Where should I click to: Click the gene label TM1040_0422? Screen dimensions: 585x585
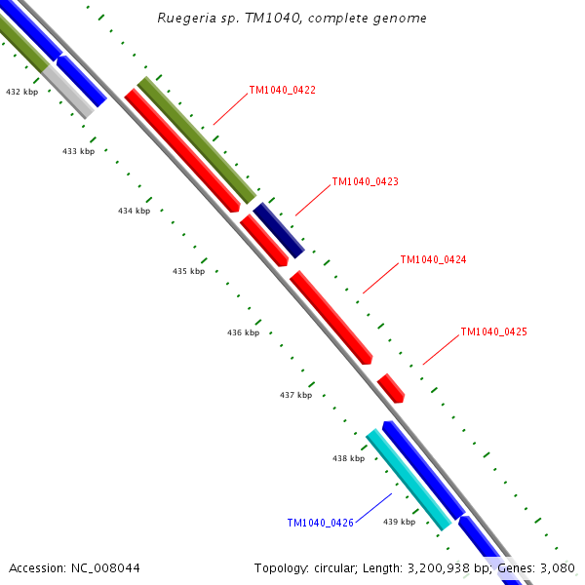pyautogui.click(x=282, y=90)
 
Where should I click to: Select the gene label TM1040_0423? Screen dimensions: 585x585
pyautogui.click(x=365, y=181)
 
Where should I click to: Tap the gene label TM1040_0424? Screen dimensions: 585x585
pyautogui.click(x=433, y=260)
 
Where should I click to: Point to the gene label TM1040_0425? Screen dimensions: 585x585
pyautogui.click(x=493, y=331)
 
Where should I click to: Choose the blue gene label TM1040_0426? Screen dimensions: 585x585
pyautogui.click(x=320, y=523)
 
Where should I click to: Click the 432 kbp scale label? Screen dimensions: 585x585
pyautogui.click(x=21, y=92)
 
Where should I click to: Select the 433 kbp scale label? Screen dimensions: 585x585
pyautogui.click(x=79, y=151)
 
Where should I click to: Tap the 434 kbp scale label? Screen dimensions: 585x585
pyautogui.click(x=135, y=211)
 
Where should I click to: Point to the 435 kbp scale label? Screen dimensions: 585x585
pyautogui.click(x=189, y=271)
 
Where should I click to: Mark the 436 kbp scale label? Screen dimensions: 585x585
pyautogui.click(x=244, y=332)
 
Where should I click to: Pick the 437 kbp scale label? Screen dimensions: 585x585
pyautogui.click(x=295, y=395)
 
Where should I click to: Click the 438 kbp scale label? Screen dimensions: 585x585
pyautogui.click(x=348, y=458)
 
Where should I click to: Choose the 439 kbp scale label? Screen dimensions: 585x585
pyautogui.click(x=399, y=522)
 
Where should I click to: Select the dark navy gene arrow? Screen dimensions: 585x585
pyautogui.click(x=279, y=231)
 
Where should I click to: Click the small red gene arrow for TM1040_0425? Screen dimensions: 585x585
pyautogui.click(x=391, y=388)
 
